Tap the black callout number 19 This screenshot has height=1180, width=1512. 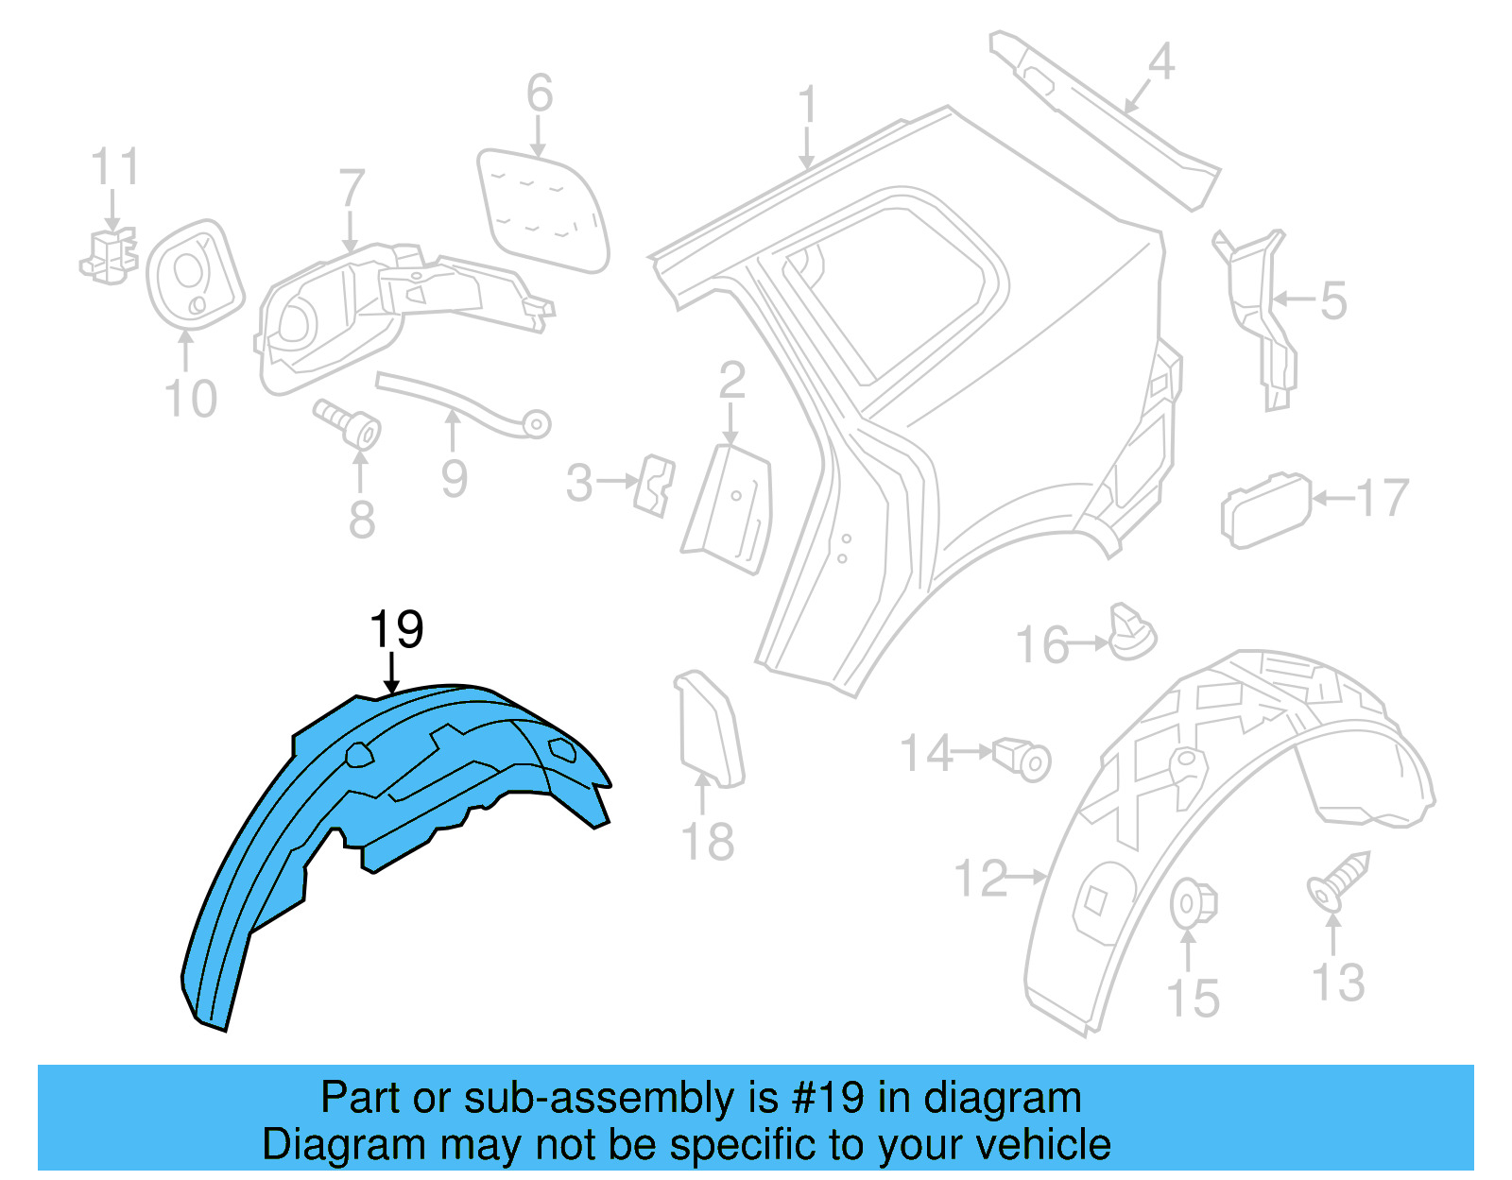tap(396, 629)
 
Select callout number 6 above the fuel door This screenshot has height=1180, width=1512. tap(540, 94)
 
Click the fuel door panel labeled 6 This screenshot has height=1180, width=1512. tap(542, 210)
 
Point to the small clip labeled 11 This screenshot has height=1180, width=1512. tap(110, 255)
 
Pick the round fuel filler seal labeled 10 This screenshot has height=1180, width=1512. tap(194, 274)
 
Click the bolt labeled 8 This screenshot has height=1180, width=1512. tap(351, 425)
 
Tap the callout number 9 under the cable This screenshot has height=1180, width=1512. tap(455, 478)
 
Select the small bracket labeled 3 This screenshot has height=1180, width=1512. tap(655, 484)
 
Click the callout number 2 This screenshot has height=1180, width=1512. tap(732, 381)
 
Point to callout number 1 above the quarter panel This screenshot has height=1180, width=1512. tap(807, 106)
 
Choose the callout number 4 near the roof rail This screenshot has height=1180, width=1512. tap(1160, 62)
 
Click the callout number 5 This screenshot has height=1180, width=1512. tap(1333, 300)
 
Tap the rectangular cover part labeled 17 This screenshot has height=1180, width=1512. tap(1265, 510)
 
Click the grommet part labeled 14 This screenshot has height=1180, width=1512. tap(1024, 758)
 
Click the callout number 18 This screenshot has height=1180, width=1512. tap(707, 842)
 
